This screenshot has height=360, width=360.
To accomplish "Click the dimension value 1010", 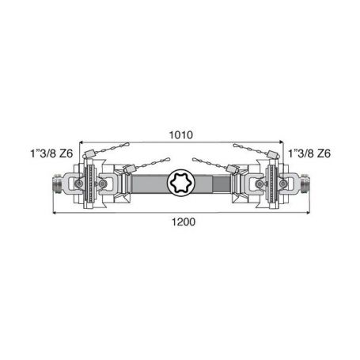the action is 181,135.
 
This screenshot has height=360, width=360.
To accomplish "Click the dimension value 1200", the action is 184,222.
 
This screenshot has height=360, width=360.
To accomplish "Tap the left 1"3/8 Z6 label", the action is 51,153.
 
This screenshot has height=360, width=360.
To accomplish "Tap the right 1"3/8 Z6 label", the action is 309,153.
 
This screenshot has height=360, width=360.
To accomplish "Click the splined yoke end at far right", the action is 305,184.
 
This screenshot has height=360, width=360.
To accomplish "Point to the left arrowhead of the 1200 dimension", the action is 55,212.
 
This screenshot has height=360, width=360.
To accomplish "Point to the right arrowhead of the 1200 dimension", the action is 308,212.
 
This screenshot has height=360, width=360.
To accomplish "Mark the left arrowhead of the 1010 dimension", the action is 81,142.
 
